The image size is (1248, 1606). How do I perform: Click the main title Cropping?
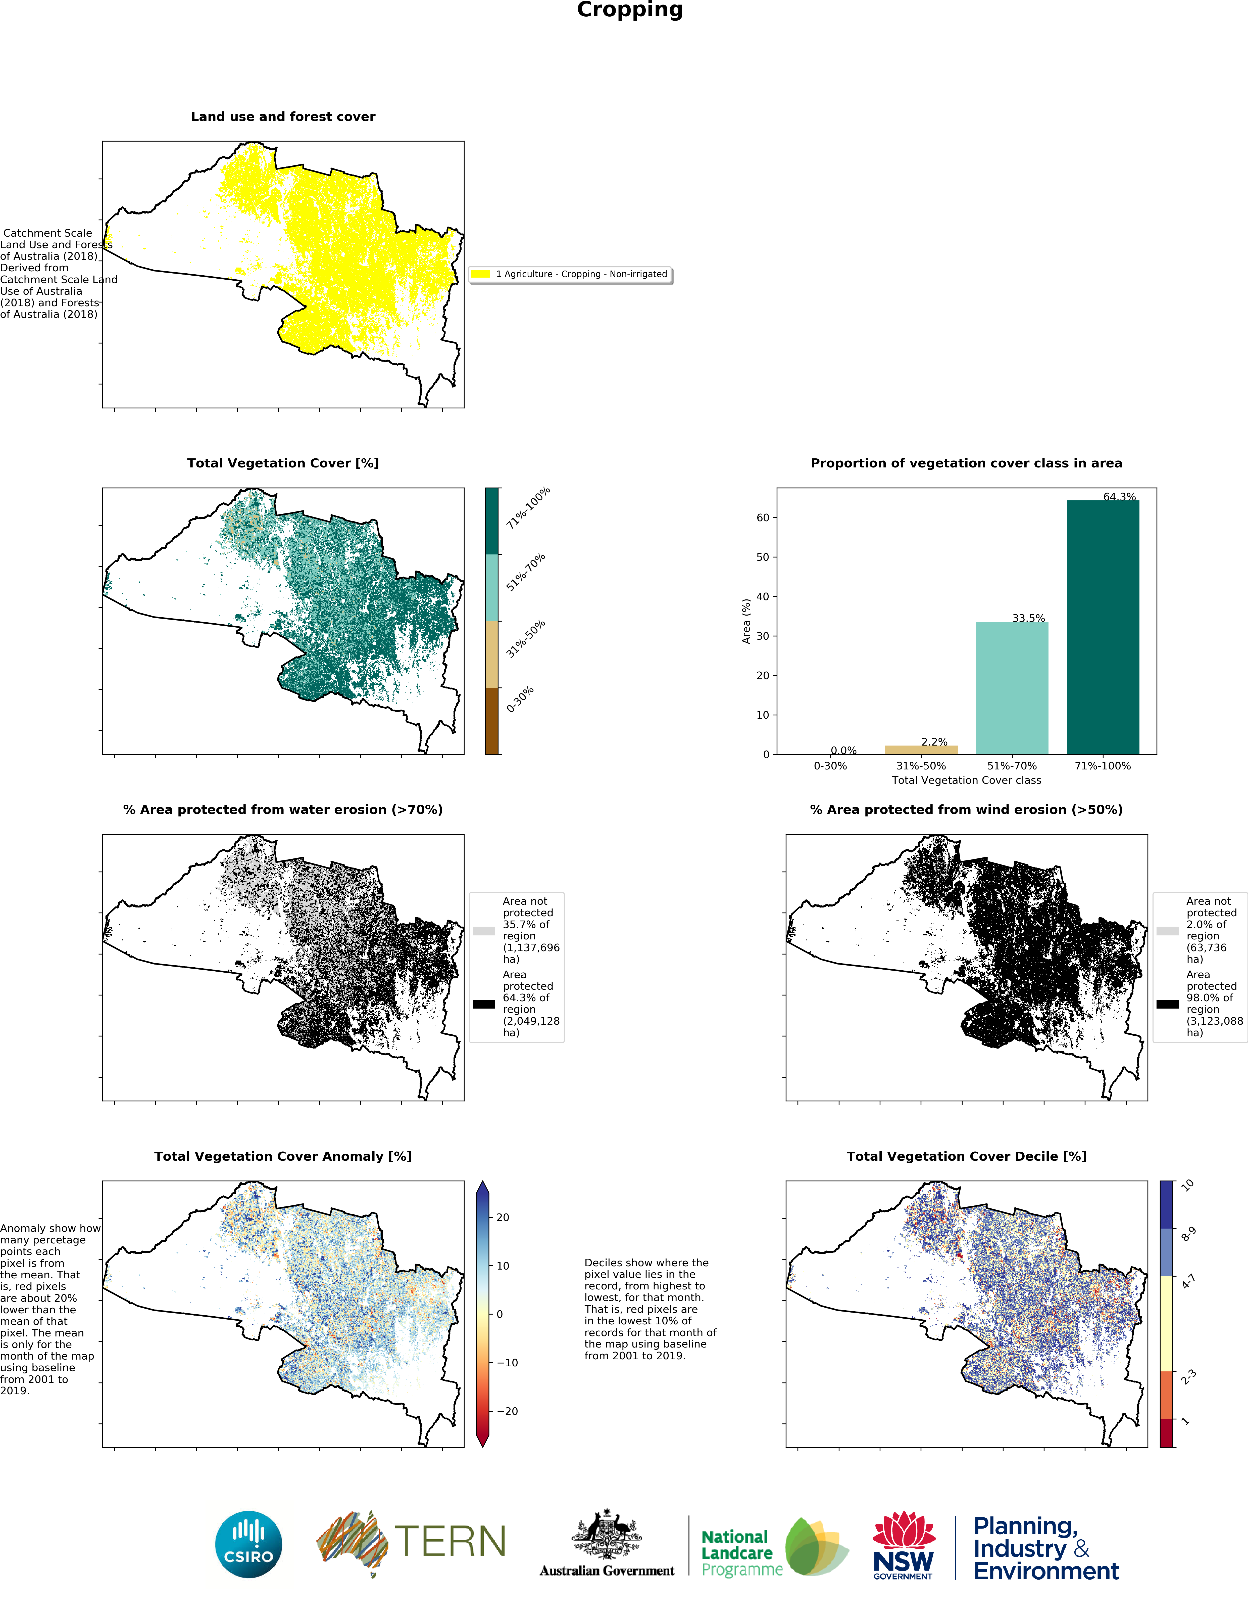click(630, 10)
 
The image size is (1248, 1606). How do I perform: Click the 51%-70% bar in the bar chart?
click(1011, 687)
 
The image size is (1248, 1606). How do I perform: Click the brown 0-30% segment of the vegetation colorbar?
click(492, 721)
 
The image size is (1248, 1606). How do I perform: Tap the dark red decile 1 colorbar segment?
click(1166, 1433)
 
